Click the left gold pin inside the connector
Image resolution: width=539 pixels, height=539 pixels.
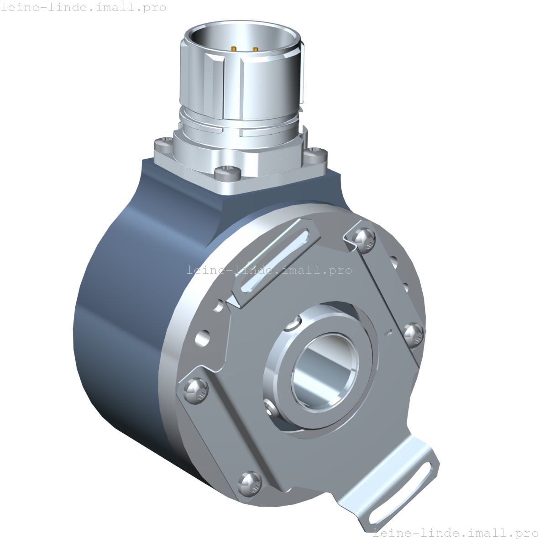pyautogui.click(x=234, y=48)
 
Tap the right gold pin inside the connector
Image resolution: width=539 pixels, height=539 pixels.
pyautogui.click(x=255, y=49)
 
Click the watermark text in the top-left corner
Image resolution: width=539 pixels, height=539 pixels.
pyautogui.click(x=84, y=7)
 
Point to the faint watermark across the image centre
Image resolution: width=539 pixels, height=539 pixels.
pyautogui.click(x=269, y=270)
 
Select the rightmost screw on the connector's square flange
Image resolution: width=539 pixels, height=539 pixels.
pyautogui.click(x=316, y=154)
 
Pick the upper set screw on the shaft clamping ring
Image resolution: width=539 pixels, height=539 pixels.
pyautogui.click(x=292, y=325)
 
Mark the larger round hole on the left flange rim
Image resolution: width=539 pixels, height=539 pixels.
pyautogui.click(x=203, y=338)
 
